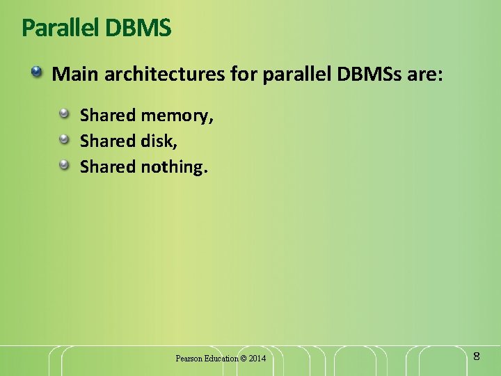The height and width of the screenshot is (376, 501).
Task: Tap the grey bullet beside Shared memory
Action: (x=64, y=113)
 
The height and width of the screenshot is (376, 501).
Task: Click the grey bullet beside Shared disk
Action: (x=64, y=139)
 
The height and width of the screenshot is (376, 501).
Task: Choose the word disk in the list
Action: (x=159, y=141)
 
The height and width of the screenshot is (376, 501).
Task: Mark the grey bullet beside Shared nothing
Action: (x=64, y=164)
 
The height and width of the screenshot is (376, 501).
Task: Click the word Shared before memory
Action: (x=108, y=115)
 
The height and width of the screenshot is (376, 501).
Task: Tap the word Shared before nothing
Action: (x=108, y=166)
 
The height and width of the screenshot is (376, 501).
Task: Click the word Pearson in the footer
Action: (x=189, y=358)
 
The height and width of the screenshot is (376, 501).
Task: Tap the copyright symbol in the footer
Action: (x=243, y=358)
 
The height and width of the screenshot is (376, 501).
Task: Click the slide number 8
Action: (x=477, y=357)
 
